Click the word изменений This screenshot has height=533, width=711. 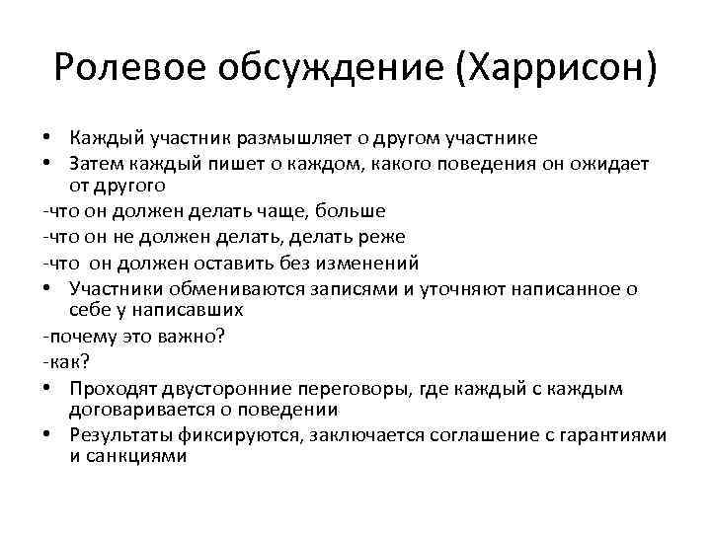(369, 263)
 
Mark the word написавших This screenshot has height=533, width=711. (190, 309)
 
